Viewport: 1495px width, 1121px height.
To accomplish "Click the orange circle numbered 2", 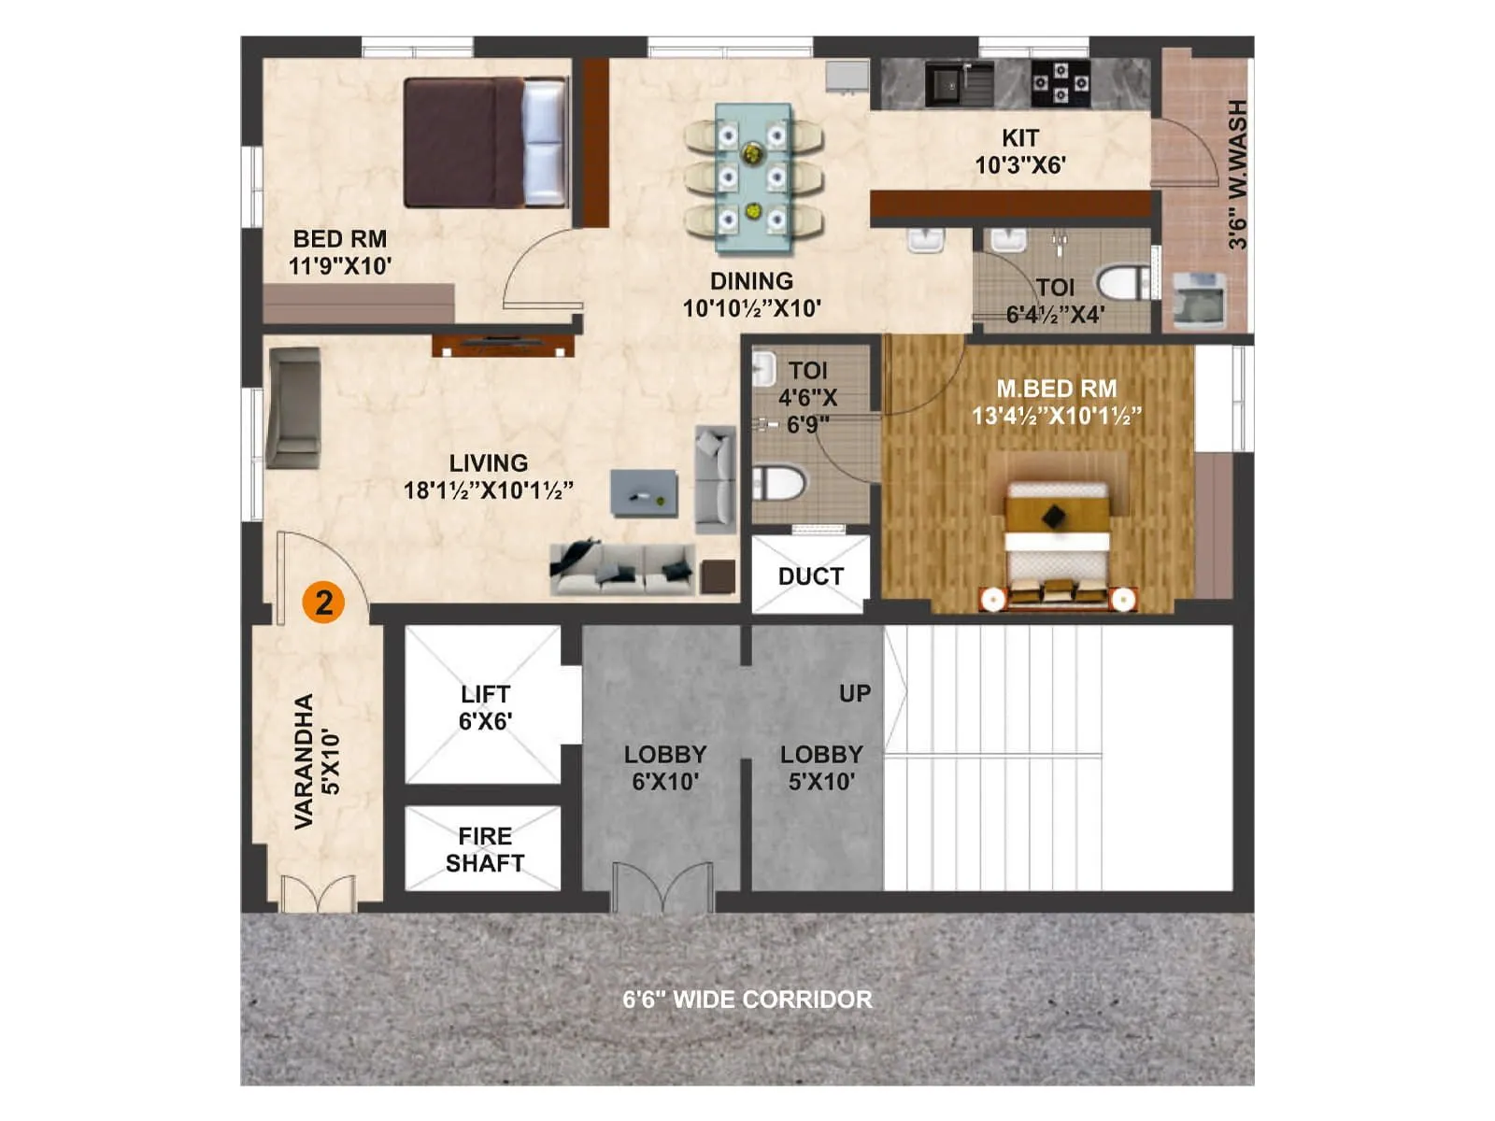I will pyautogui.click(x=323, y=603).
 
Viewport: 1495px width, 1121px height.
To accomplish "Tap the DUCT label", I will pyautogui.click(x=810, y=576).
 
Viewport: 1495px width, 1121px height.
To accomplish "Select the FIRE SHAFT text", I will pyautogui.click(x=484, y=849).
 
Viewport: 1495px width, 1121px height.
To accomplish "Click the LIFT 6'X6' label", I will pyautogui.click(x=484, y=707).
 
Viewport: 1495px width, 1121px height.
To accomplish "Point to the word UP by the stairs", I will pyautogui.click(x=854, y=693).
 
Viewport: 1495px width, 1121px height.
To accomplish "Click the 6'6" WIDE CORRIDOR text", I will pyautogui.click(x=747, y=1000).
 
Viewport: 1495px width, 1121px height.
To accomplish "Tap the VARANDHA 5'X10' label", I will pyautogui.click(x=317, y=760).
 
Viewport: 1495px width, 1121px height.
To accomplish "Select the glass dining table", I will pyautogui.click(x=752, y=177).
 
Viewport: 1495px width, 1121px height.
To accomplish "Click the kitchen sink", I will pyautogui.click(x=947, y=85).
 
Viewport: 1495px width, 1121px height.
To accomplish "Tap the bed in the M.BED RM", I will pyautogui.click(x=1057, y=542).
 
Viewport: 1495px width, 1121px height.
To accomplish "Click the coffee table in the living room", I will pyautogui.click(x=644, y=492).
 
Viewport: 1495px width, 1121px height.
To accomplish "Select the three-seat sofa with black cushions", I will pyautogui.click(x=622, y=568).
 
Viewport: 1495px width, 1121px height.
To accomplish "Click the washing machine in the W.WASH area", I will pyautogui.click(x=1199, y=300).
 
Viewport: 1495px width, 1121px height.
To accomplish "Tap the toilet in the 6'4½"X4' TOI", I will pyautogui.click(x=1125, y=283).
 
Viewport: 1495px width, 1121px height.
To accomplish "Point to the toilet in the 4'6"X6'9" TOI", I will pyautogui.click(x=778, y=484).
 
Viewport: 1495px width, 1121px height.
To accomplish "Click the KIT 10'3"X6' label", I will pyautogui.click(x=1019, y=151).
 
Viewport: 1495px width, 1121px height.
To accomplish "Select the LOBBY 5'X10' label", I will pyautogui.click(x=821, y=767).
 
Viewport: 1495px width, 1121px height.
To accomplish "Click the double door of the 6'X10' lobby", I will pyautogui.click(x=662, y=888).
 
